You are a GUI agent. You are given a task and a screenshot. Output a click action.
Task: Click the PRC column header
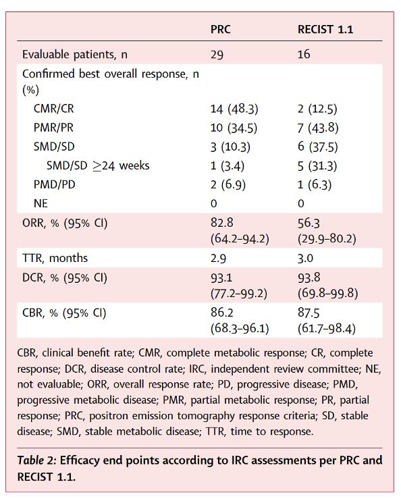221,30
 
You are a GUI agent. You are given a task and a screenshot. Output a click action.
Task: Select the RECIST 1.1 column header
325,30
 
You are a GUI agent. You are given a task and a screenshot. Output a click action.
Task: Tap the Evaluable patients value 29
217,55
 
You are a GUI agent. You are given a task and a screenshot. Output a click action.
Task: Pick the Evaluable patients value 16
304,54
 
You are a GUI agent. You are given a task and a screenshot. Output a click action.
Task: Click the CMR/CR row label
54,109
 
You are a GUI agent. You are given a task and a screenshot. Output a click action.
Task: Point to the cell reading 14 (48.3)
234,109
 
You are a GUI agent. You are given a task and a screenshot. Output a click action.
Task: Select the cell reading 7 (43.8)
318,128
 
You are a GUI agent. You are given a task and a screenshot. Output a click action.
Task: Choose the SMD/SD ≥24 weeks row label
98,166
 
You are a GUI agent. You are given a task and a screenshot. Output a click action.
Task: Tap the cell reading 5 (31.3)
317,166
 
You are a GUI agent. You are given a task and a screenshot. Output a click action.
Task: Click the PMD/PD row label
54,185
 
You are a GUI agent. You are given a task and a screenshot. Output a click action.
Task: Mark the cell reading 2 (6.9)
228,185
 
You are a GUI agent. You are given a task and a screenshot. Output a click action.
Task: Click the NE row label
41,203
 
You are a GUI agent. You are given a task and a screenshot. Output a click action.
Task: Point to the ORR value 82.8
221,223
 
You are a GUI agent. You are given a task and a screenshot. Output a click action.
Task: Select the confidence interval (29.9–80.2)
327,238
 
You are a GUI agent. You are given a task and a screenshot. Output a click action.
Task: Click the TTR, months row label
55,258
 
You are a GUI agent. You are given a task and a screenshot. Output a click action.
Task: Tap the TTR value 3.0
305,258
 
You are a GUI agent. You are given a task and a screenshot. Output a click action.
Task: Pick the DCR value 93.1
221,278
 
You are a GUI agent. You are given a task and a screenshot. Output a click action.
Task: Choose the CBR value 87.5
309,313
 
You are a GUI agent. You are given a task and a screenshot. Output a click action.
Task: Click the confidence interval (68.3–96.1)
240,328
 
